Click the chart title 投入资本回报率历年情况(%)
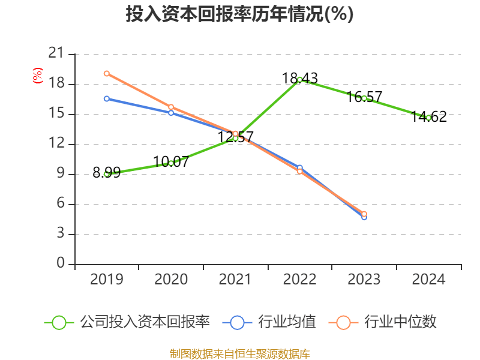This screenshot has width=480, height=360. tap(239, 14)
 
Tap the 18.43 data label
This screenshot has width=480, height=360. tap(300, 78)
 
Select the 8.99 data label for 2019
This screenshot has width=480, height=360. tap(107, 173)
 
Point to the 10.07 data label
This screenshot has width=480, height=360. tap(171, 161)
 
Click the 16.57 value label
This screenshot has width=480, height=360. tap(364, 97)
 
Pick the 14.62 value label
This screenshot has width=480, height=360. tap(429, 117)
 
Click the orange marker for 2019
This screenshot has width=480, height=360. tap(107, 74)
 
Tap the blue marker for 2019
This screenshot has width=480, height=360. tap(107, 98)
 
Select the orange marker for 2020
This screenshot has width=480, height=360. tap(171, 107)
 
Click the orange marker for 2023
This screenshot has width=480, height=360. tap(364, 214)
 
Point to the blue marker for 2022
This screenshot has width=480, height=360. tap(300, 168)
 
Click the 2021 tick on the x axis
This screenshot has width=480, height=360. tap(235, 279)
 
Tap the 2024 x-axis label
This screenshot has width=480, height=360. tap(429, 279)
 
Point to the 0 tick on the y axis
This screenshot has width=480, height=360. tap(61, 264)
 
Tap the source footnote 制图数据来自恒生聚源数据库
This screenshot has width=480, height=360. tap(239, 353)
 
